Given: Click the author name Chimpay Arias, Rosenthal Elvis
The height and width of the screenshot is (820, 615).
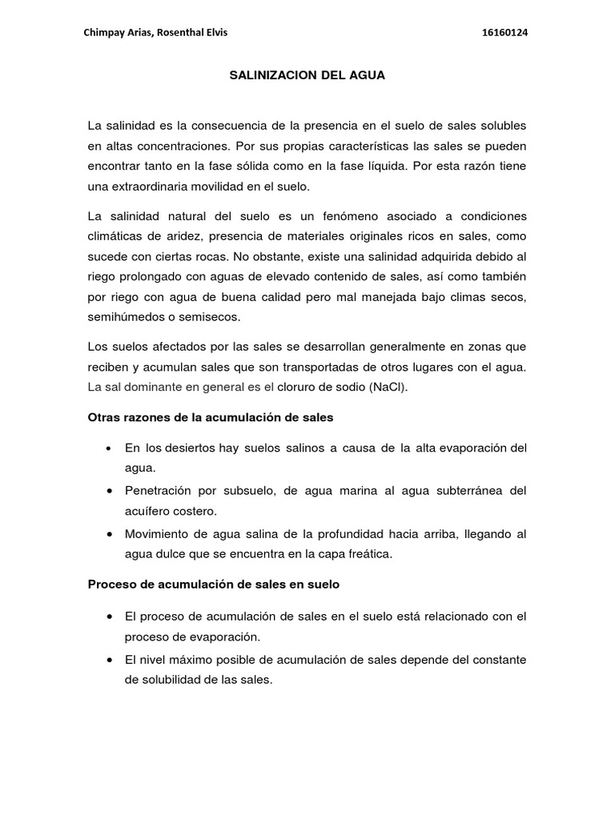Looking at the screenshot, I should click(156, 33).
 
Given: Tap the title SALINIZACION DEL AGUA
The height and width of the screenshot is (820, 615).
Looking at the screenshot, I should click(307, 76).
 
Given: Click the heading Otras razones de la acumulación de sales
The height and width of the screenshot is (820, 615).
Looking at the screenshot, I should click(210, 417).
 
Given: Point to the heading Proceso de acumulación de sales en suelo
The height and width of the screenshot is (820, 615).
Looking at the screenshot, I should click(213, 585).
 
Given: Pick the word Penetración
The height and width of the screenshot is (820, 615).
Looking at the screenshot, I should click(159, 490).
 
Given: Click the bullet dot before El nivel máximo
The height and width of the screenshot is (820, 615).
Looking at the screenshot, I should click(108, 660).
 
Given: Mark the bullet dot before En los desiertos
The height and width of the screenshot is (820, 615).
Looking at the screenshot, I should click(108, 448).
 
